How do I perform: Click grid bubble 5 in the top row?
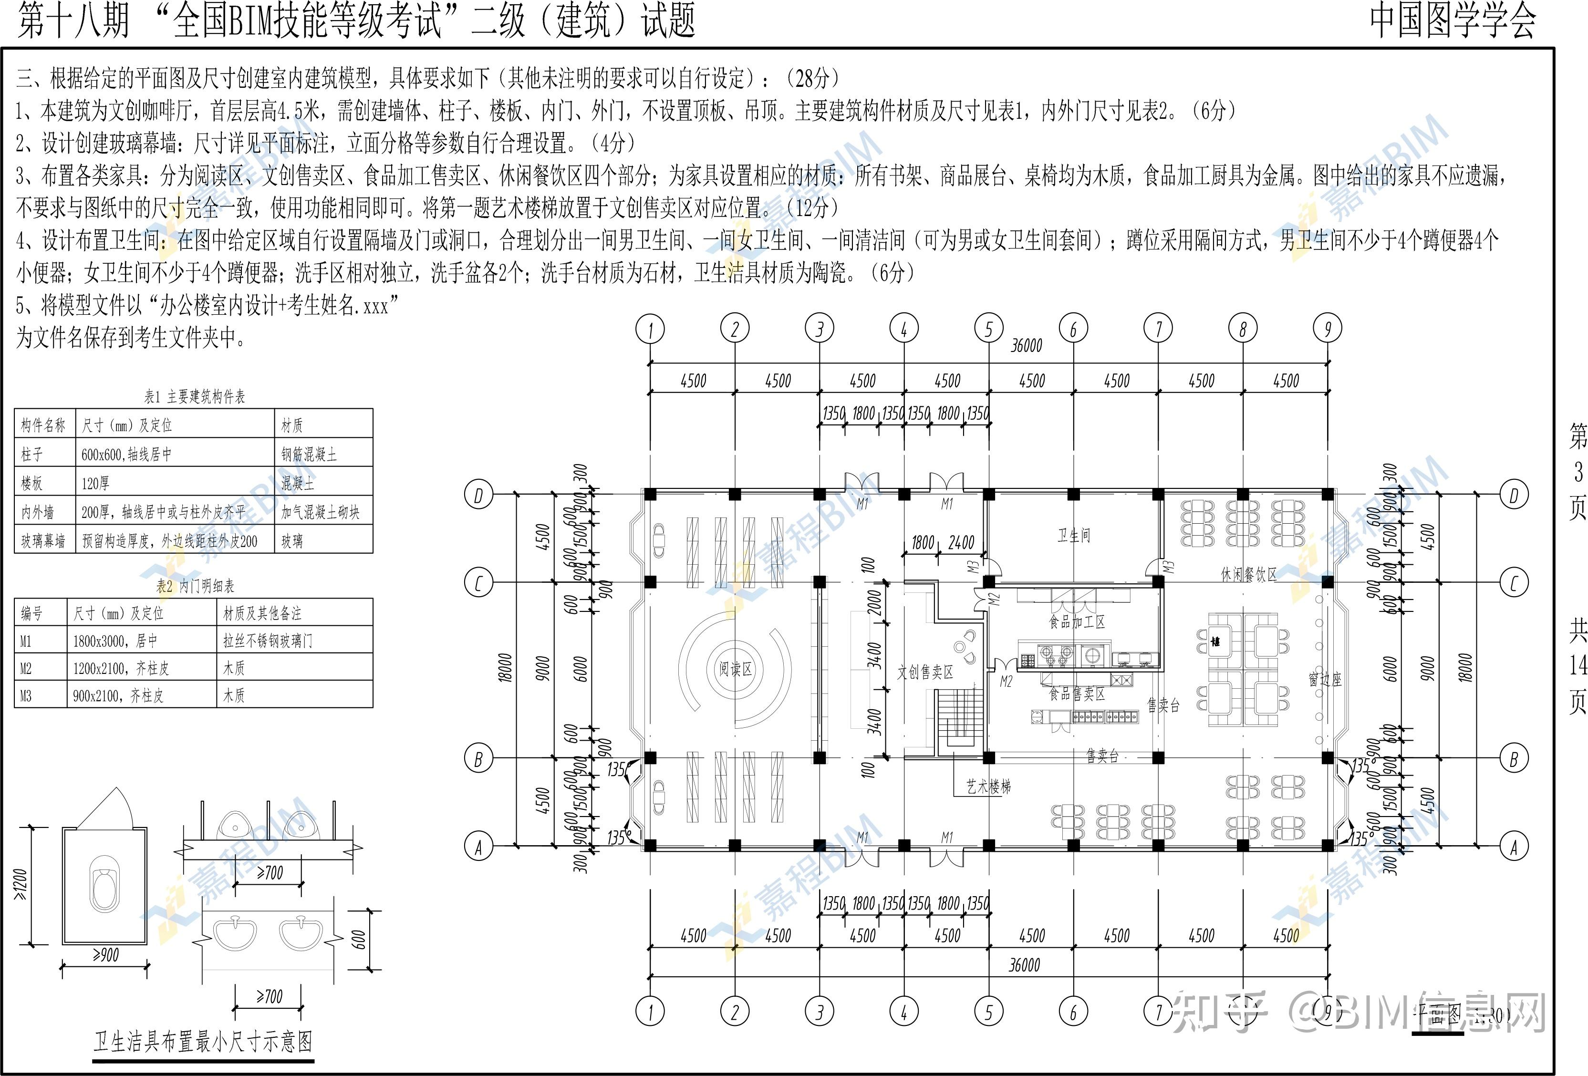pos(988,329)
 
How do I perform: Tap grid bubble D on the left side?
pos(478,495)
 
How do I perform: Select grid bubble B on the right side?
pos(1514,758)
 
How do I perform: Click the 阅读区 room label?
pos(735,669)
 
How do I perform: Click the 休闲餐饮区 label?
pos(1248,575)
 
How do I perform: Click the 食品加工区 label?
pos(1077,621)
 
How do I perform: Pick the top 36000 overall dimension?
pos(1027,346)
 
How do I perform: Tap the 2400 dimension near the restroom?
pos(961,542)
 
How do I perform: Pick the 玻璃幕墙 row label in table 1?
pos(43,541)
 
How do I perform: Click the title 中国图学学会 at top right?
pos(1453,21)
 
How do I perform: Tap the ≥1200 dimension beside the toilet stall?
pos(21,885)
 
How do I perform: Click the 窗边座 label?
pos(1325,679)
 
